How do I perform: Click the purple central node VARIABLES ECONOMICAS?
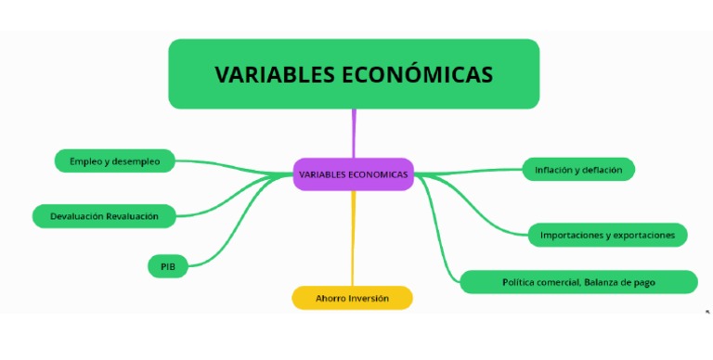353,174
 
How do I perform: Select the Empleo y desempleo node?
114,161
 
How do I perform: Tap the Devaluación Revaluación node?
103,216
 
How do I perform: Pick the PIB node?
167,266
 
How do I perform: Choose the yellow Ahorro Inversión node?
352,298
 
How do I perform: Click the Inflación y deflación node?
578,169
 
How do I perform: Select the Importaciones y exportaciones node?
607,235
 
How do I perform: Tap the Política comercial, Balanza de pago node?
578,282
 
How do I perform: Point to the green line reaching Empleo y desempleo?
232,164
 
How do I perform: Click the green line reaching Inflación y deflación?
473,171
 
